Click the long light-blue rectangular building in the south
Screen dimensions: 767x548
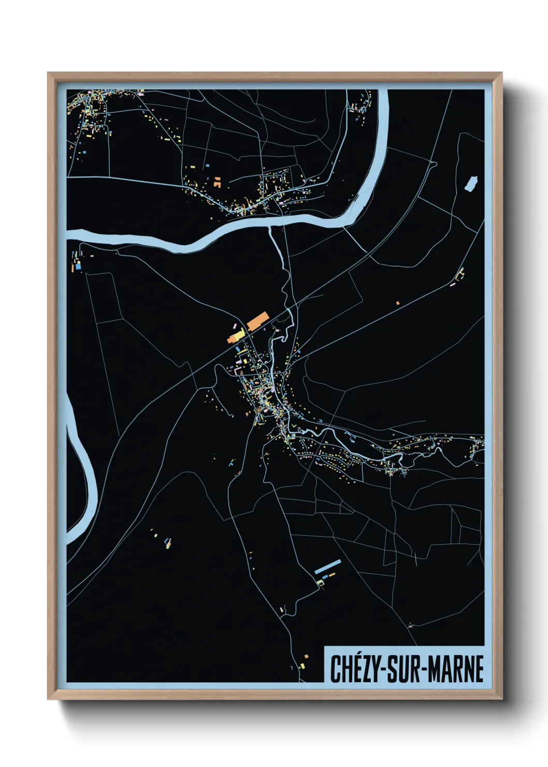328,566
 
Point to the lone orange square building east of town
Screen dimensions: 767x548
398,303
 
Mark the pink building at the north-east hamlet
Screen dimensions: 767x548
453,284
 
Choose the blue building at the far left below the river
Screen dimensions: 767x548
78,266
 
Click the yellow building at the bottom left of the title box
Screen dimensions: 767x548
302,665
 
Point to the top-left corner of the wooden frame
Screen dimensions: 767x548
48,73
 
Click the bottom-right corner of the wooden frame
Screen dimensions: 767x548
501,699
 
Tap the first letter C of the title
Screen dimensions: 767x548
336,669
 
